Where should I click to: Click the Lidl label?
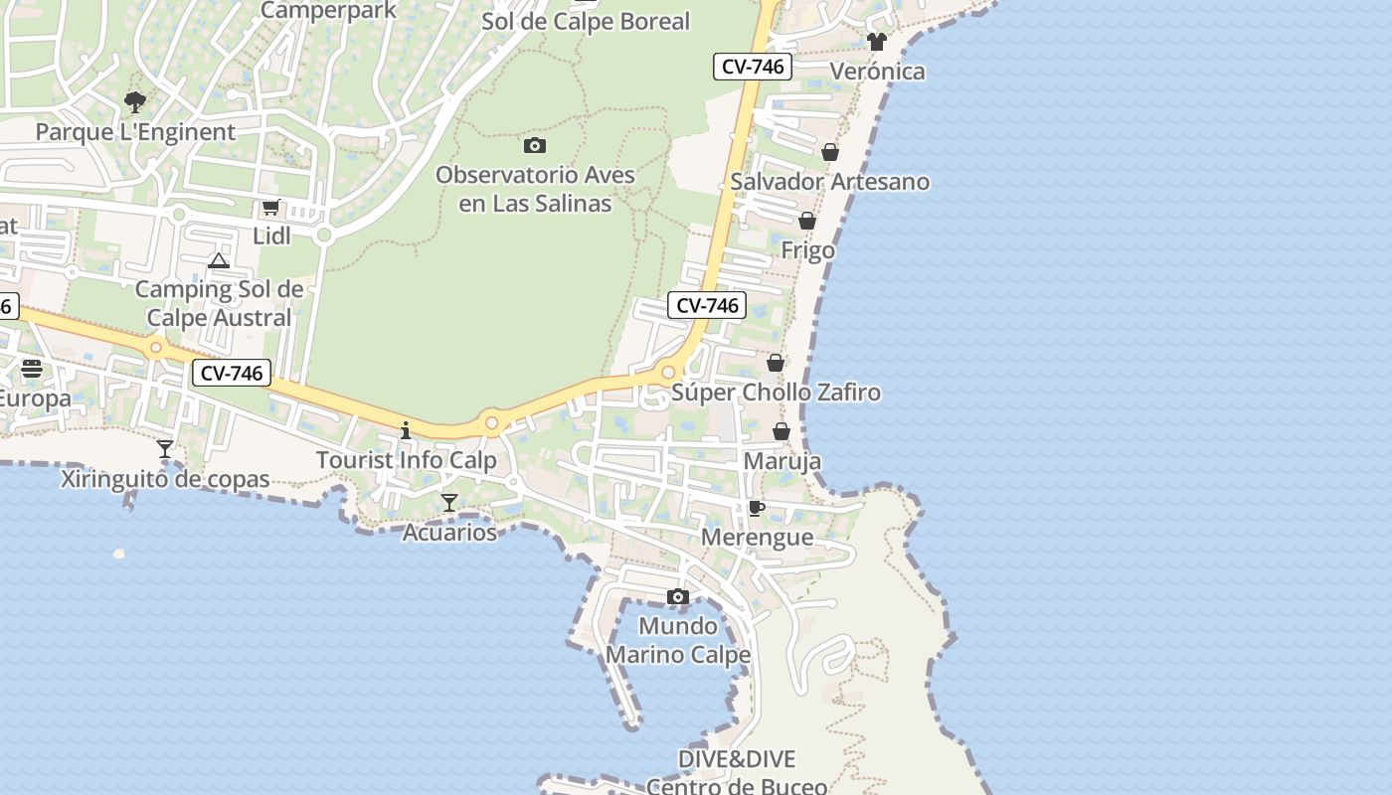click(x=271, y=237)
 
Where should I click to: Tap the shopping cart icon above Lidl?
click(x=270, y=208)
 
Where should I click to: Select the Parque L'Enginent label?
click(x=135, y=132)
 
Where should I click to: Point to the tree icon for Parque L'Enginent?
click(x=135, y=101)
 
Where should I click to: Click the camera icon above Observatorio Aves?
click(x=535, y=145)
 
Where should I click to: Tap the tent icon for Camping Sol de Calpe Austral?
click(x=219, y=261)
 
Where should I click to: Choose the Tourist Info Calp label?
click(x=406, y=461)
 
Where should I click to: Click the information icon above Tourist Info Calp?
click(x=406, y=430)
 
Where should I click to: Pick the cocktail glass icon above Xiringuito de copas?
click(x=165, y=449)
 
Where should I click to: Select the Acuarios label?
click(x=449, y=533)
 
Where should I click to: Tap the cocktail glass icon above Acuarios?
click(x=449, y=503)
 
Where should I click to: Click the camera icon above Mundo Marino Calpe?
click(x=678, y=596)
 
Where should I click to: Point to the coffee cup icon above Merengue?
click(x=757, y=509)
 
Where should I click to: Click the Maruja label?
click(x=783, y=462)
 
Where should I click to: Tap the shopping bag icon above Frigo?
click(x=807, y=221)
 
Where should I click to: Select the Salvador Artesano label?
click(x=830, y=182)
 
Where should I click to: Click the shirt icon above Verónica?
click(x=876, y=42)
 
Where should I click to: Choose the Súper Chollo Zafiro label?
click(x=776, y=393)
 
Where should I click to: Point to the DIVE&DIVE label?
click(x=737, y=759)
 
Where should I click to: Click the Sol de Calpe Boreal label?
click(x=586, y=22)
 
